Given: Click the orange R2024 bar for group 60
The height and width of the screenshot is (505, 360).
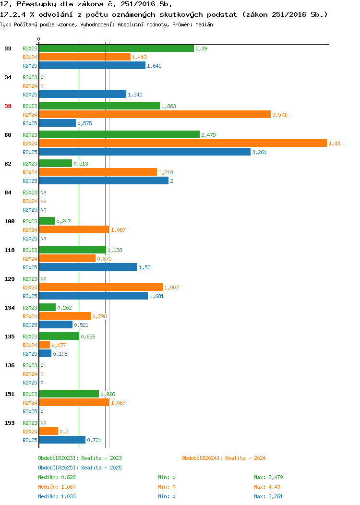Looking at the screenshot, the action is tap(183, 144).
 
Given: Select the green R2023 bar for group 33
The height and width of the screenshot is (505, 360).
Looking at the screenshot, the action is tap(117, 48).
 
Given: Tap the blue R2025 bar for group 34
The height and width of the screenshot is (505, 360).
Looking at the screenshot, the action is tap(83, 95).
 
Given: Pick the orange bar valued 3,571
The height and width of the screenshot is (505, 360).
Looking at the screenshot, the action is tap(155, 115).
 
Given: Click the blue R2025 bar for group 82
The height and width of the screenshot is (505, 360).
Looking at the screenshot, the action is tap(104, 180).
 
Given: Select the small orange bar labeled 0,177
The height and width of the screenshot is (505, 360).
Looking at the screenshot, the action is tap(45, 345).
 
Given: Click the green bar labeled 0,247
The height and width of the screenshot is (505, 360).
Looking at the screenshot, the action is tap(47, 221).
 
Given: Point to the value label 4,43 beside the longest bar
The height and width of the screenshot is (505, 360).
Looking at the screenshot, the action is tap(334, 144).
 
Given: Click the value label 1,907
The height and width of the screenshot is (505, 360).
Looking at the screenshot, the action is tap(171, 288).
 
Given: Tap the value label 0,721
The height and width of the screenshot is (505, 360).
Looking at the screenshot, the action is tap(94, 440).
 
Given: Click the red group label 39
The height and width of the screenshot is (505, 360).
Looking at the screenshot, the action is tap(8, 106).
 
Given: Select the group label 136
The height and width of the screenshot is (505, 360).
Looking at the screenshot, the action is tap(9, 365).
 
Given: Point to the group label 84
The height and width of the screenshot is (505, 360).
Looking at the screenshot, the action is tap(8, 192).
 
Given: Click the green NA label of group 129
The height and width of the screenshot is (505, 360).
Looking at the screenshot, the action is tap(44, 279).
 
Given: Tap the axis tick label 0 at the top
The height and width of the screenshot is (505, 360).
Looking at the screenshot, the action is tap(39, 39).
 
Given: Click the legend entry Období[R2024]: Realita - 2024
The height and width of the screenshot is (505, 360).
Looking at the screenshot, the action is tap(224, 458).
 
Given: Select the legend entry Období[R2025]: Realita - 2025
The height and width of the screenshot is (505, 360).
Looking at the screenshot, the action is tap(80, 468).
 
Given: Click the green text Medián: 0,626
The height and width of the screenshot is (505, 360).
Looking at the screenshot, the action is tap(57, 477).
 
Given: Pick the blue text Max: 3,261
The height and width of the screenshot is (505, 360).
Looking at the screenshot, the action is tap(268, 497).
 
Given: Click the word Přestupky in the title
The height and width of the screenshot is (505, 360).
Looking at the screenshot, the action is tap(36, 4).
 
